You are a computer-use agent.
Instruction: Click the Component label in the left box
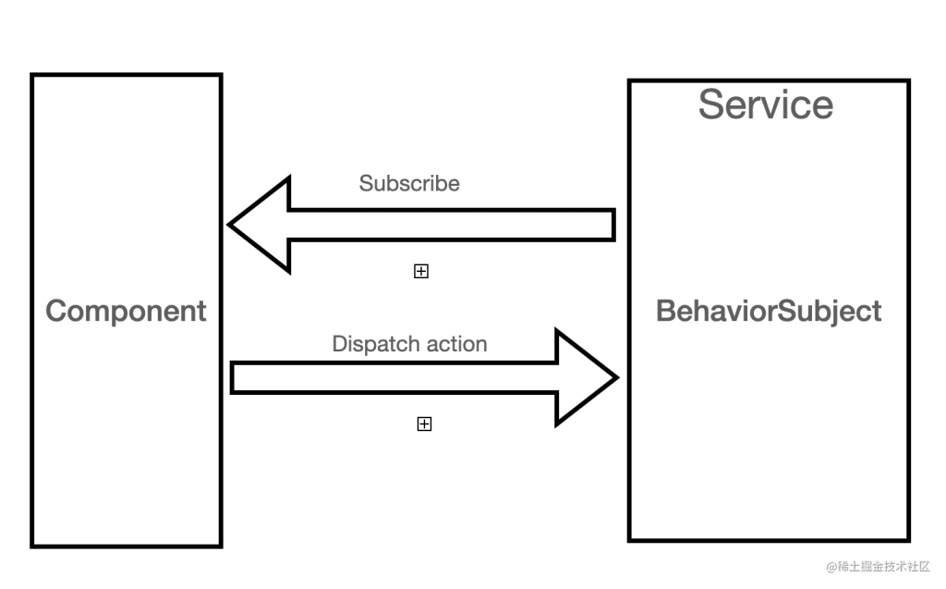coord(126,311)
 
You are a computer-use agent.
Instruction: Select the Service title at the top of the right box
coord(765,104)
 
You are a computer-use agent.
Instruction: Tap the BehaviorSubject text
coord(769,311)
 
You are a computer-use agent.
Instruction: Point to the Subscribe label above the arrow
coord(409,183)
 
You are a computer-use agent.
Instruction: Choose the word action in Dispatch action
coord(455,344)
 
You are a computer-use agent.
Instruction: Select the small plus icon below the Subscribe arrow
coord(421,271)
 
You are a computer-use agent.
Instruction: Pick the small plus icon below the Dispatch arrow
coord(424,423)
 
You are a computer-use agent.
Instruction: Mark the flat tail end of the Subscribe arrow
coord(612,225)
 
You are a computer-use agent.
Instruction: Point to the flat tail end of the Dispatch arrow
coord(233,377)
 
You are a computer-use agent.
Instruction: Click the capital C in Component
coord(56,311)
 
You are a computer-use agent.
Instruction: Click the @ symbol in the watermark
coord(831,566)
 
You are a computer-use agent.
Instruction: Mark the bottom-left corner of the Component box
coord(33,545)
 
